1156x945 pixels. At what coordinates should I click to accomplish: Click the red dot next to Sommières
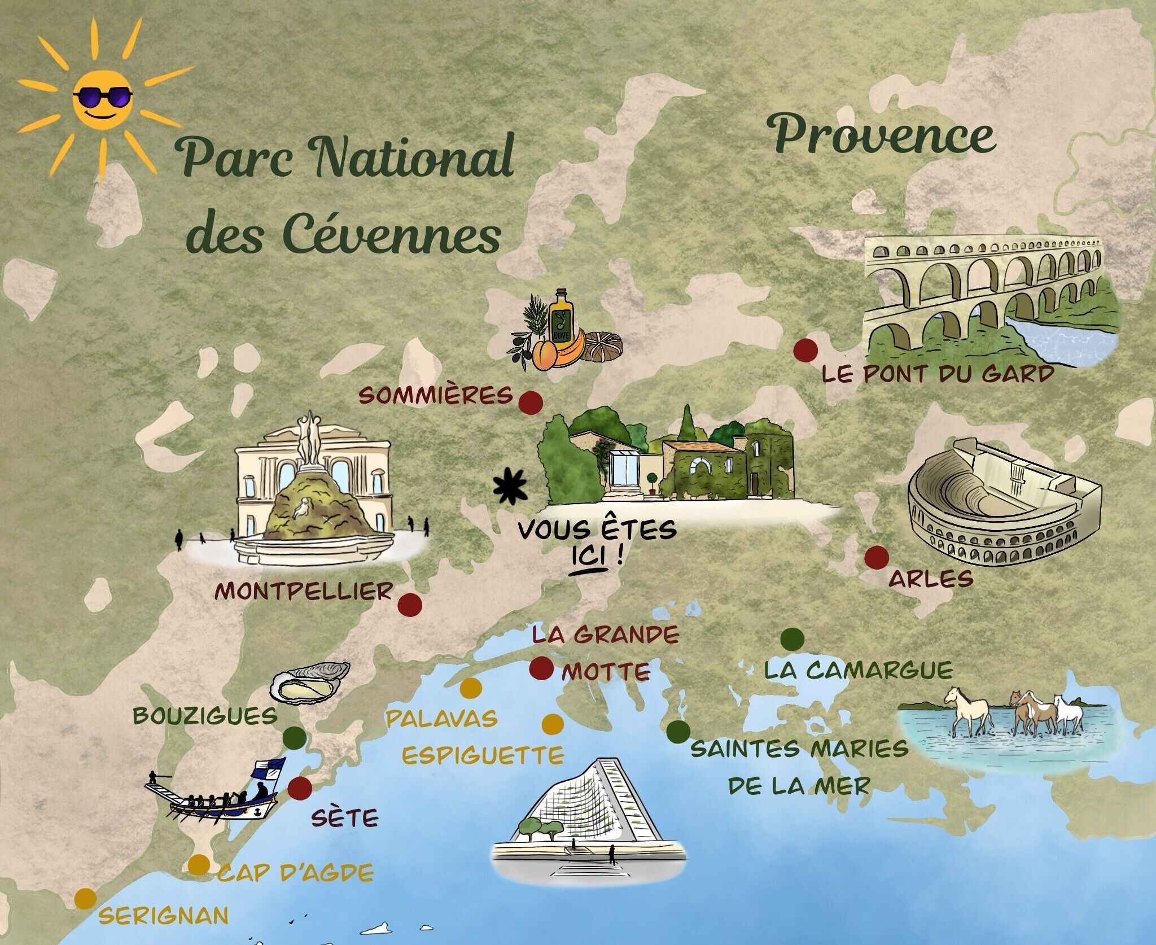point(531,403)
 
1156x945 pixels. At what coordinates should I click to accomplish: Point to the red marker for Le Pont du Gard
point(805,350)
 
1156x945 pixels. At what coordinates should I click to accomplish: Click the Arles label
point(931,579)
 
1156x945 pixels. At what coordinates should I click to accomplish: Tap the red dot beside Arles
point(877,558)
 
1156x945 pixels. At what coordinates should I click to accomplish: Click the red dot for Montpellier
point(410,605)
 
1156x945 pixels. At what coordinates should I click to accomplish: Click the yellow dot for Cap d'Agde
point(198,865)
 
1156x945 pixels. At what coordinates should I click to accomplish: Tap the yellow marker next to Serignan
point(85,898)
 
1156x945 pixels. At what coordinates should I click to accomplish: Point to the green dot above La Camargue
point(792,638)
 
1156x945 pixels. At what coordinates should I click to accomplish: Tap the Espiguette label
point(482,755)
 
